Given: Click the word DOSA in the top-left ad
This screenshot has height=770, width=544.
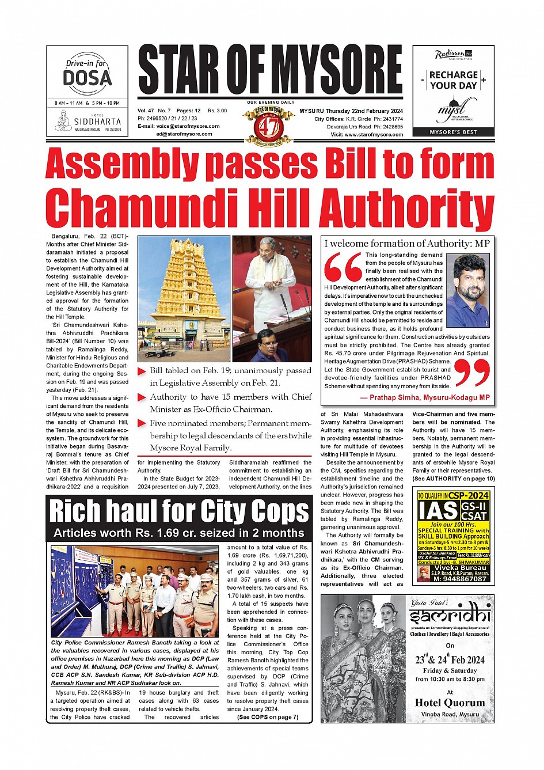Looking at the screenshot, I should point(87,78).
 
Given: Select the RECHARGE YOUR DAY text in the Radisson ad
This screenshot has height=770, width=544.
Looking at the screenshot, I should point(454,80).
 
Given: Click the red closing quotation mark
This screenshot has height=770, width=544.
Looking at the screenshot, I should point(472,372).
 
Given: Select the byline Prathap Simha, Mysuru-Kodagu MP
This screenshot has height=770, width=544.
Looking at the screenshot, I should point(425,397).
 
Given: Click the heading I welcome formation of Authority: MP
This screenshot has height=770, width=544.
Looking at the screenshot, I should point(406,244).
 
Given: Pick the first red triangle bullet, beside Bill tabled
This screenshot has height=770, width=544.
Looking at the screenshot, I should point(142,371).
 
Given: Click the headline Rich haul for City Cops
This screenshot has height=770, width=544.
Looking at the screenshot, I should point(179,511).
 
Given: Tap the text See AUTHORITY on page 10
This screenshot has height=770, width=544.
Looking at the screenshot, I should point(453,479).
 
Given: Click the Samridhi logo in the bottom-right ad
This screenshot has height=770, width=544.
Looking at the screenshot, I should point(450,617).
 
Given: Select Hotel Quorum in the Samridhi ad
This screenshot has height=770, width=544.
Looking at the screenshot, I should point(450,703).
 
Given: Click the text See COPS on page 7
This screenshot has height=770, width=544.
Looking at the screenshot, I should point(268,717).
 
